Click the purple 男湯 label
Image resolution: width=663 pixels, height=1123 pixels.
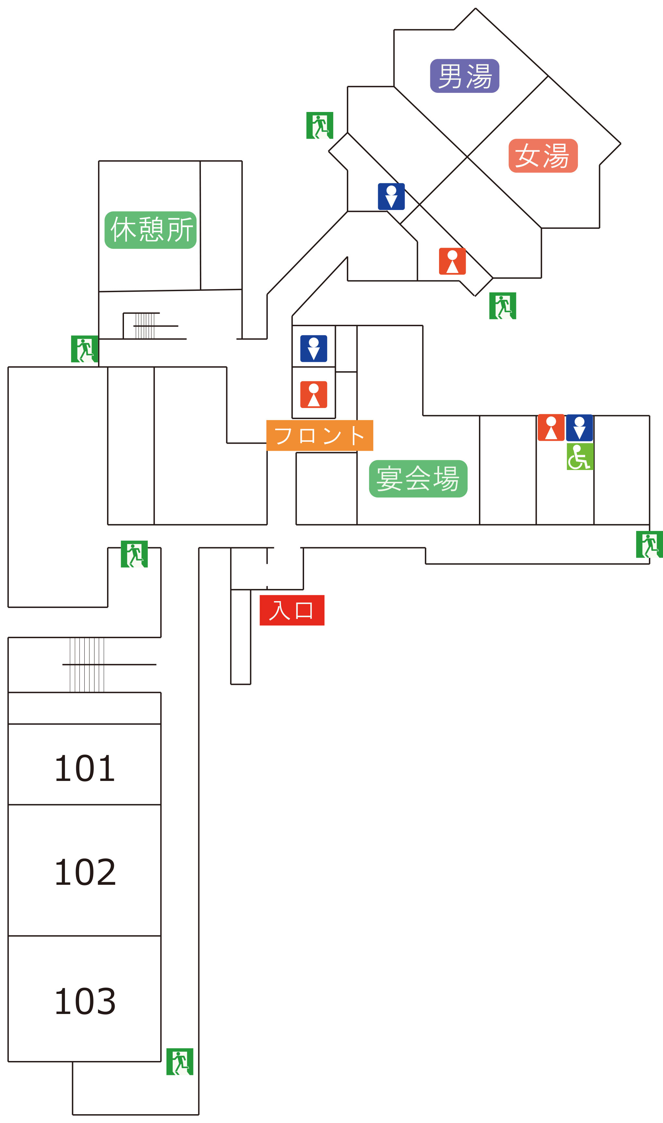tap(465, 76)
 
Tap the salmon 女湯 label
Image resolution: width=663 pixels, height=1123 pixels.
tap(543, 155)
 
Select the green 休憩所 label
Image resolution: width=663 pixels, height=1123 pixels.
tap(151, 230)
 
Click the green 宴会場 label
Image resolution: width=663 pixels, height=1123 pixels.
tap(418, 479)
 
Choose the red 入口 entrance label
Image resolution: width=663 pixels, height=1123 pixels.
tap(292, 610)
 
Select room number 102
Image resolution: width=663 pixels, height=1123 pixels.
tap(85, 872)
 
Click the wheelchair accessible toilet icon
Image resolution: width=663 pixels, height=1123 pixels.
tap(580, 457)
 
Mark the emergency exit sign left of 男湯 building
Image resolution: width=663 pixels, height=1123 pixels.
tap(319, 126)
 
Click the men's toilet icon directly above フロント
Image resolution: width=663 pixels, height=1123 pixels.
tap(313, 349)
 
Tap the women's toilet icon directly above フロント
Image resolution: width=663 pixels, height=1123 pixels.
tap(313, 394)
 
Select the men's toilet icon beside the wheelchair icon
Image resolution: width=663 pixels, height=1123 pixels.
tap(580, 428)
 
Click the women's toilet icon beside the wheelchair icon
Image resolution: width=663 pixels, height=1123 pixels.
tap(551, 427)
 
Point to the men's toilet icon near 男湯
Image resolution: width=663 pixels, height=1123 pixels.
tap(391, 197)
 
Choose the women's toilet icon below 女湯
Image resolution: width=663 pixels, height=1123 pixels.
tap(453, 261)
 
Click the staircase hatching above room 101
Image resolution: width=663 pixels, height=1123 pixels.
tap(87, 665)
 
